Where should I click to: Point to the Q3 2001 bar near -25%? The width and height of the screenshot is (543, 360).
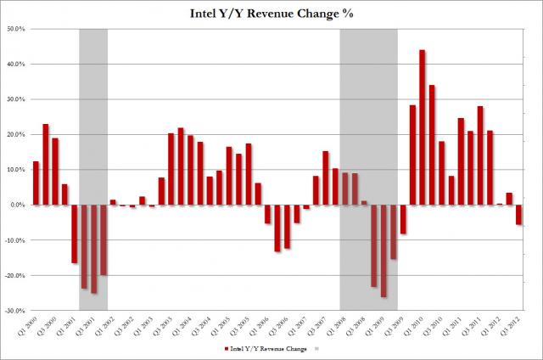tap(95, 249)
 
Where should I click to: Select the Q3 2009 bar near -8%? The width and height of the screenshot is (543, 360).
tap(403, 219)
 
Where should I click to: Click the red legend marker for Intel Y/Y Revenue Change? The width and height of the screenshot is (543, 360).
tap(226, 349)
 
